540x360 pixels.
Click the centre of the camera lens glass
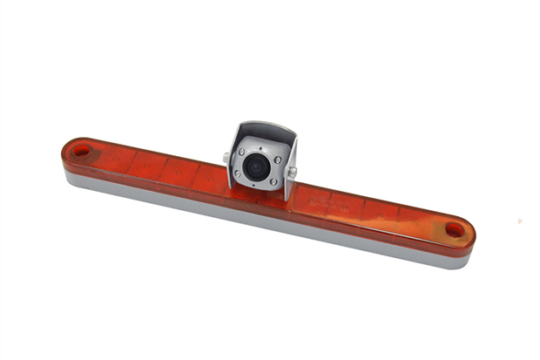[255, 166]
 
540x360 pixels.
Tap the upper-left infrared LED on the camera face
[242, 153]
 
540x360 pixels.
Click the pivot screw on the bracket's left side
[226, 158]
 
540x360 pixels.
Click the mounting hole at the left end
[80, 152]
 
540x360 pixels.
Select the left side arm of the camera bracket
[233, 166]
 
